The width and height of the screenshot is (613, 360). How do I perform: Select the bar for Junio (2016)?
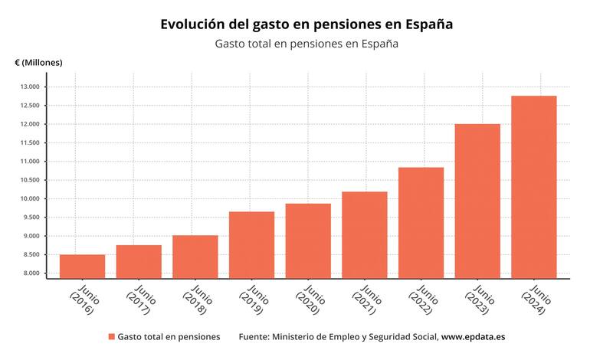click(82, 266)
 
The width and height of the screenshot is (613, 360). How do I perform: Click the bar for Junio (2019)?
click(251, 244)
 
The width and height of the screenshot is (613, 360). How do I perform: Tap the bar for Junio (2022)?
click(421, 222)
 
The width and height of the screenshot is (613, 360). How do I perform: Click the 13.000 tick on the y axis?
click(29, 87)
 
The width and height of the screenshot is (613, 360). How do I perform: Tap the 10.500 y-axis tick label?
click(29, 180)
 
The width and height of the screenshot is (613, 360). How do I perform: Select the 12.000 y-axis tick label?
click(29, 124)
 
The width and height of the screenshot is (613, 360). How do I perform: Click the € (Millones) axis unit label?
click(38, 62)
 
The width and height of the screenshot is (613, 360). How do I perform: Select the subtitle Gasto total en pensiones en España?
click(306, 44)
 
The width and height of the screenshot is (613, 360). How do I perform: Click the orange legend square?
click(112, 337)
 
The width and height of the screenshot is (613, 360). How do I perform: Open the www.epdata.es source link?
click(473, 337)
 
